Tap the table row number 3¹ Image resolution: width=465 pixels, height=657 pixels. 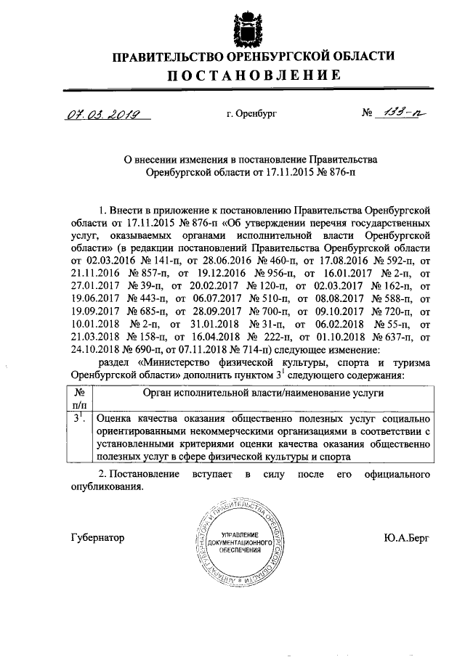coord(80,419)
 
